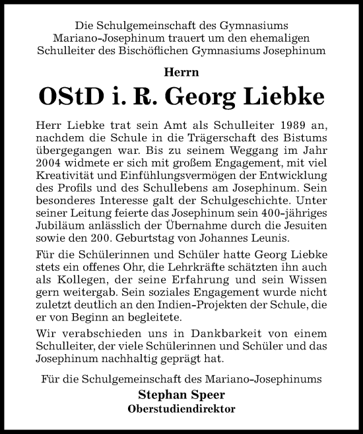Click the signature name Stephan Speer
pos(181,396)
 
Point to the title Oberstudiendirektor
pos(181,408)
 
